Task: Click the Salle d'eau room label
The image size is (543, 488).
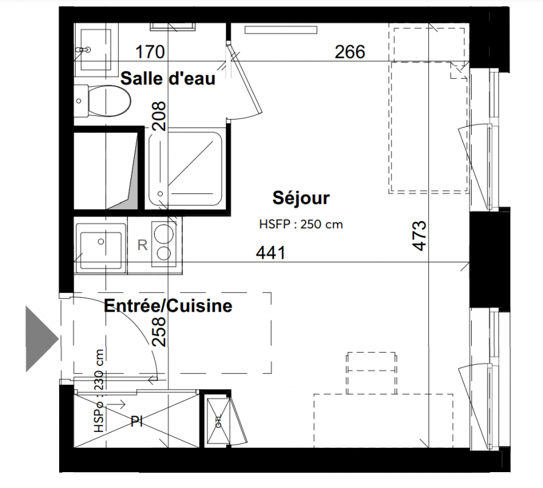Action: tap(168, 78)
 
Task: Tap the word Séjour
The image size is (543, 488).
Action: tap(301, 198)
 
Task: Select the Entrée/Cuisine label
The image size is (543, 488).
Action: tap(168, 306)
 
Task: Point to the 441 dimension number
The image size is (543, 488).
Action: tap(271, 253)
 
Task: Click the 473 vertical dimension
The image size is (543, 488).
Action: tap(419, 235)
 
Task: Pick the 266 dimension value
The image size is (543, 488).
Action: tap(350, 52)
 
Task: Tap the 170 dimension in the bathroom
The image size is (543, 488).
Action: tap(150, 52)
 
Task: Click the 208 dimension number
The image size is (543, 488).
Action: tap(159, 116)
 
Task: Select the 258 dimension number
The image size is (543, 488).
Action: tap(159, 332)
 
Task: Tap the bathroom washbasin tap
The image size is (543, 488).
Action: tap(83, 50)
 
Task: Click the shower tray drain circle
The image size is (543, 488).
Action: tap(160, 194)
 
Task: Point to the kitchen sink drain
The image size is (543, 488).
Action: tap(101, 242)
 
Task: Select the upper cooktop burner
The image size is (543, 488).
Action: tap(164, 232)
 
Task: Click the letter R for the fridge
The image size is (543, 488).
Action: tap(143, 245)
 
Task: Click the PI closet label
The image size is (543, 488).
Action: tap(137, 422)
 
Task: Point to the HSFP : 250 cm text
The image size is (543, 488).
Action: tap(301, 224)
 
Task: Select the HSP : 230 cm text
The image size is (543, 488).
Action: tap(99, 391)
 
